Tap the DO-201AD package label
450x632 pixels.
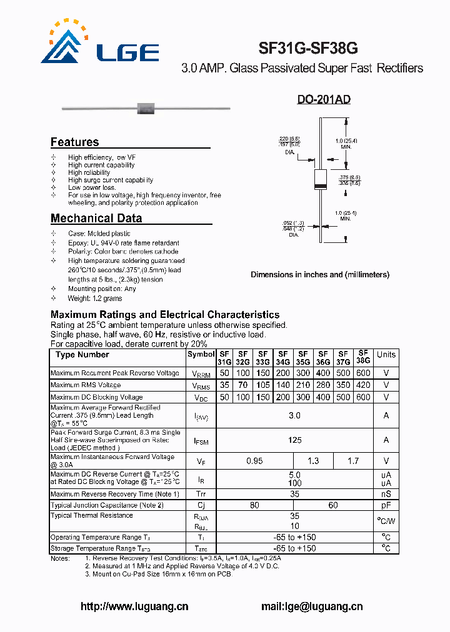(x=323, y=100)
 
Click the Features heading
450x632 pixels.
(x=74, y=142)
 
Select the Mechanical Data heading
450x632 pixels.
(x=96, y=219)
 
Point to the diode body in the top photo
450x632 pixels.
(x=146, y=108)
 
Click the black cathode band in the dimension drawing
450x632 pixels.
(x=321, y=186)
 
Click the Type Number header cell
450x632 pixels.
(x=82, y=355)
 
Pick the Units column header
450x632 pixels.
(x=386, y=355)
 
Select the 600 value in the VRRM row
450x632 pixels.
(x=363, y=373)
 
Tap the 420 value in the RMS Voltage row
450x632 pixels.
(x=363, y=385)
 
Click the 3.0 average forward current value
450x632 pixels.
(x=294, y=416)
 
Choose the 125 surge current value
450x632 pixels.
(x=294, y=440)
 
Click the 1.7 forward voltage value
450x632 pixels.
(x=353, y=462)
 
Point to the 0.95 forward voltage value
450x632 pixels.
(x=254, y=462)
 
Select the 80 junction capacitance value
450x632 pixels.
(x=254, y=505)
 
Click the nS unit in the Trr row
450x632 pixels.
(x=386, y=494)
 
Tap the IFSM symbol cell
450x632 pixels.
(x=201, y=441)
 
